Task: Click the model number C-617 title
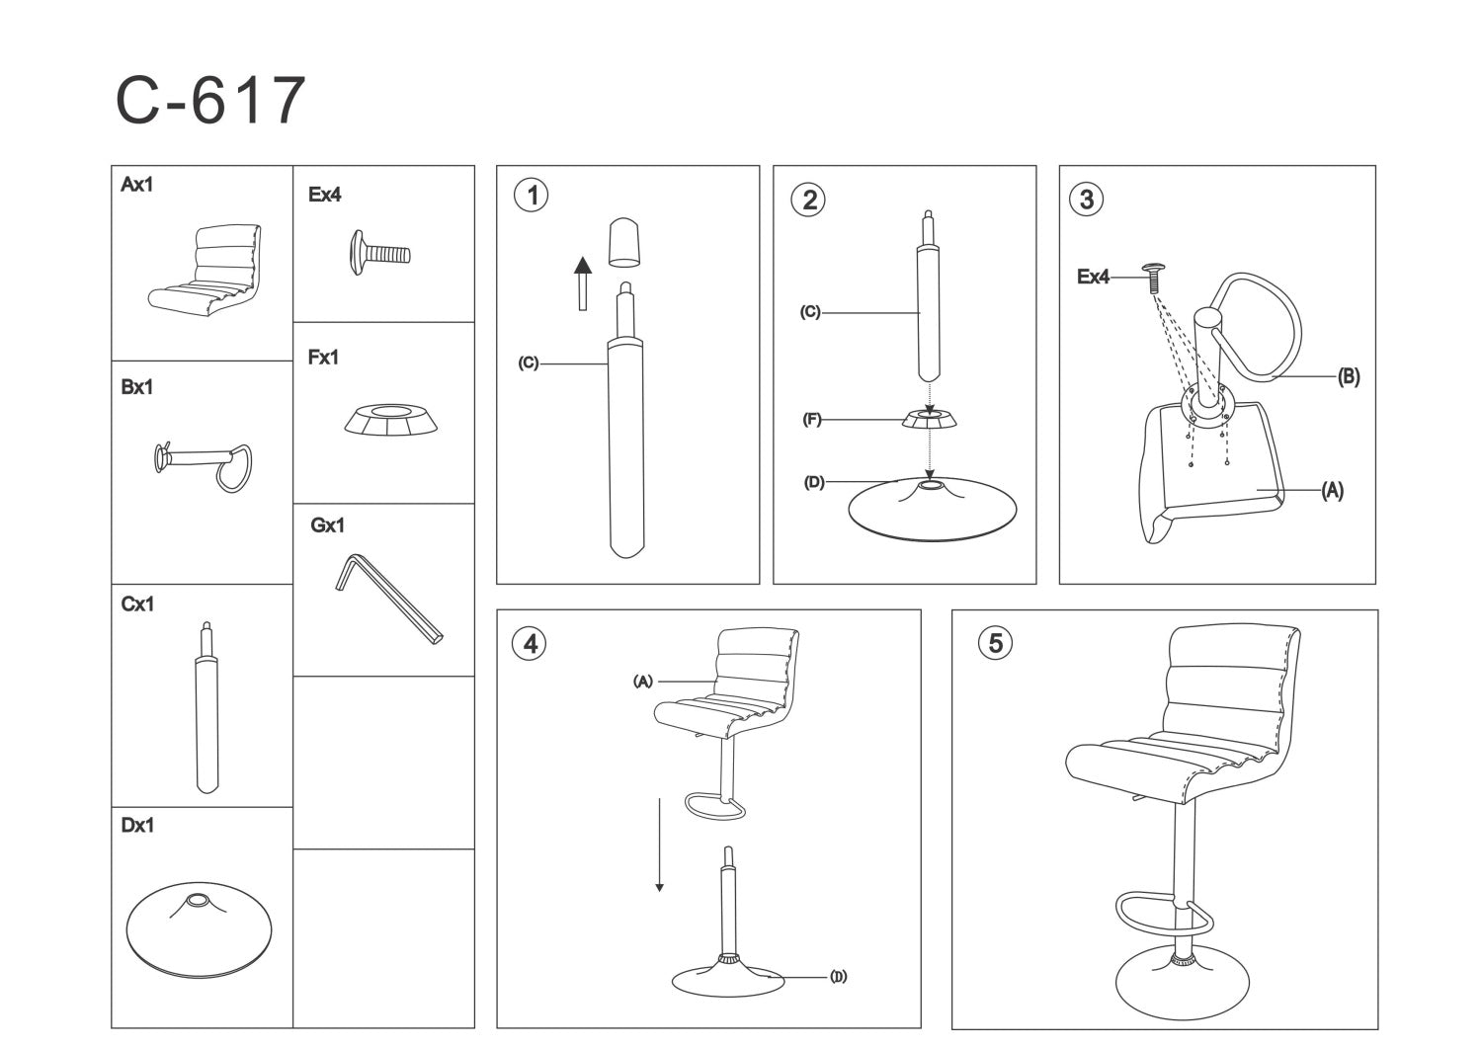pos(210,100)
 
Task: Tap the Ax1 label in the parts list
pos(136,185)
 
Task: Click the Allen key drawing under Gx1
pos(388,599)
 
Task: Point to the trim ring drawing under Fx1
pos(390,420)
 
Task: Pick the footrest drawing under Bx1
pos(203,465)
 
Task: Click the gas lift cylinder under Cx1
pos(207,707)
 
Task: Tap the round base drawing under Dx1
pos(199,928)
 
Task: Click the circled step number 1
pos(531,196)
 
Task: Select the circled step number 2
pos(808,200)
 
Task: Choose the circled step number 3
pos(1087,200)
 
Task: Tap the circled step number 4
pos(530,643)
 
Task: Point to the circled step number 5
pos(995,643)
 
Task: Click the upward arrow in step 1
pos(582,283)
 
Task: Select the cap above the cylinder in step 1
pos(623,243)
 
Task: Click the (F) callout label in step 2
pos(812,420)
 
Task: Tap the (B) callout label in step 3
pos(1349,377)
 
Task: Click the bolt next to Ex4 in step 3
pos(1153,278)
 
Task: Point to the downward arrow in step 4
pos(659,845)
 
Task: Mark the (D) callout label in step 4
pos(838,977)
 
